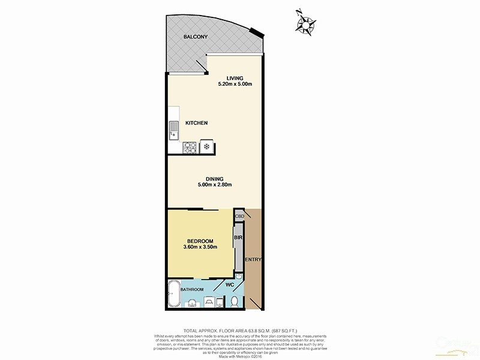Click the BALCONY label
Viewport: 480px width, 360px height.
click(x=196, y=37)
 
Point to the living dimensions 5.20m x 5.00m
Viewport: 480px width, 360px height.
click(x=235, y=84)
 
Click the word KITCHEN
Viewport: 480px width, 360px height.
click(x=196, y=123)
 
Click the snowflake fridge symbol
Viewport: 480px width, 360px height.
click(x=207, y=145)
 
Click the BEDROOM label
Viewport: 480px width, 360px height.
click(x=200, y=241)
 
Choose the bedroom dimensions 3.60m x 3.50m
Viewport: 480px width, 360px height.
click(x=200, y=247)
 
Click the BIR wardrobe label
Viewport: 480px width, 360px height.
click(x=238, y=238)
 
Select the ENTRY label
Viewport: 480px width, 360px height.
click(x=253, y=259)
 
